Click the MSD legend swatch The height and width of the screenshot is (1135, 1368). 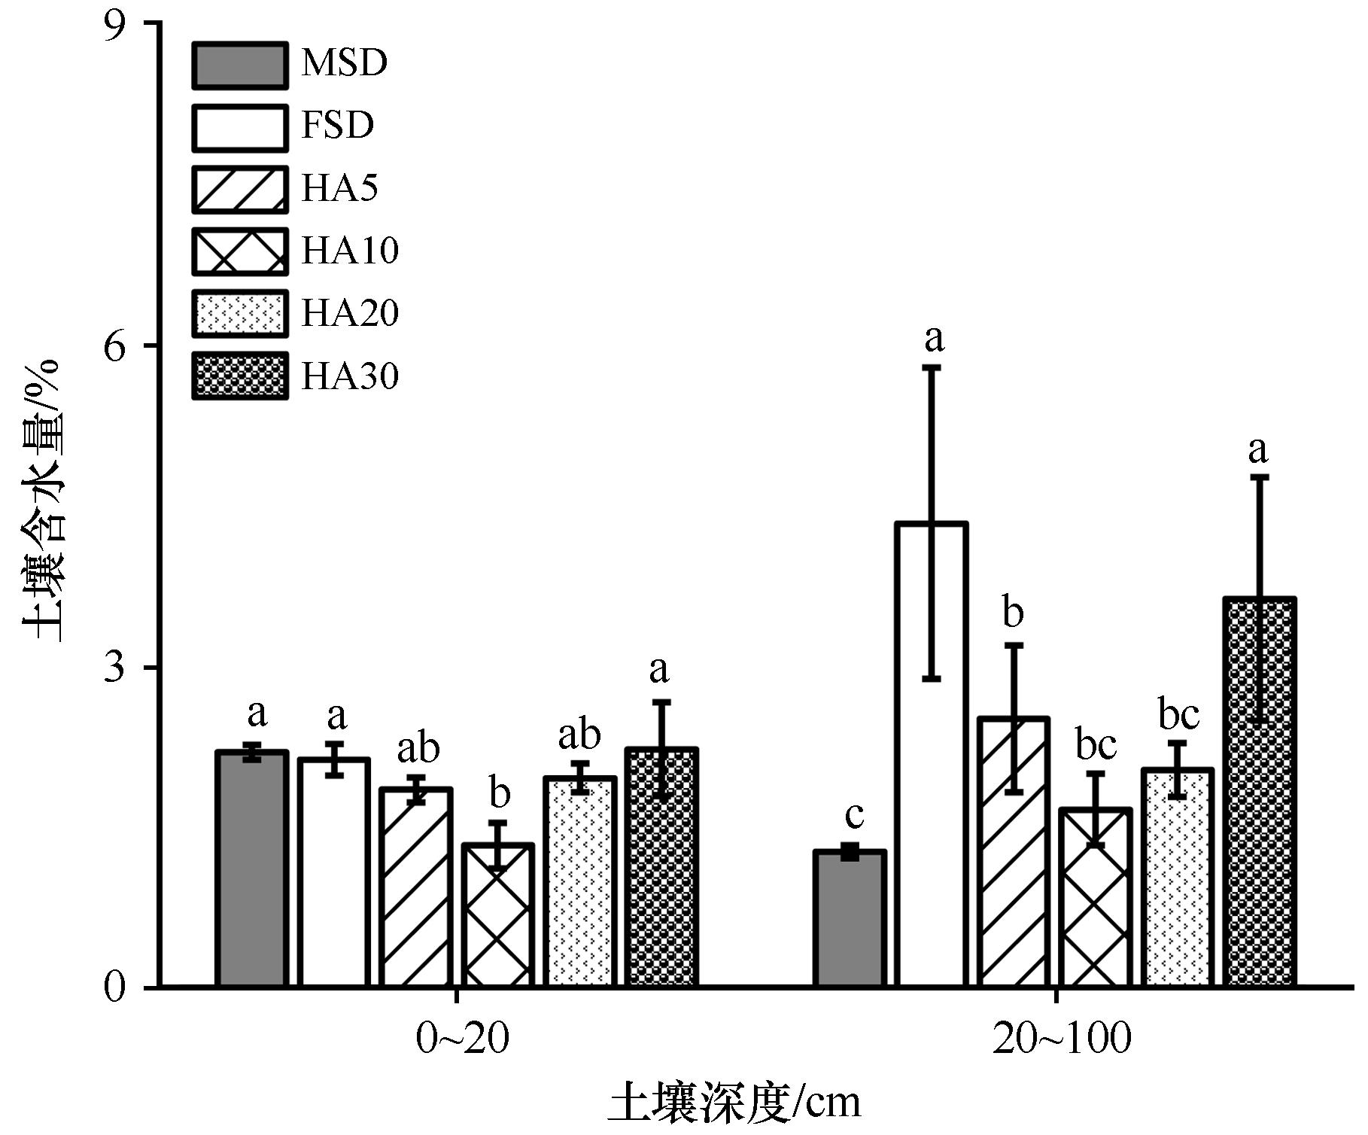tap(239, 65)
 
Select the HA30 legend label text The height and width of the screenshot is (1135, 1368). tap(350, 376)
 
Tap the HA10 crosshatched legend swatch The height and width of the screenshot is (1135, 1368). tap(239, 251)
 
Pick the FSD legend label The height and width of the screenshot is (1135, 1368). tap(337, 126)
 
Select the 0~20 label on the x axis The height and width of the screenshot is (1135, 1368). tap(463, 1039)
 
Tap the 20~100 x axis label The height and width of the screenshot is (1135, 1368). tap(1062, 1039)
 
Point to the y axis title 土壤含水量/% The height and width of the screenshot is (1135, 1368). tap(43, 501)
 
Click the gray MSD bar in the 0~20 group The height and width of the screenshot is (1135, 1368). tap(251, 869)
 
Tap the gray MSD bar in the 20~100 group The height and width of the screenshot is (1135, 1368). tap(850, 918)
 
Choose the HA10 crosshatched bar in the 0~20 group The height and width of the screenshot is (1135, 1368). tap(497, 915)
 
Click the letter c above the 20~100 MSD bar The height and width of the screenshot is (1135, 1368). tap(854, 815)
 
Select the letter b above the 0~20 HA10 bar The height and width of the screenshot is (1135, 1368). tap(499, 793)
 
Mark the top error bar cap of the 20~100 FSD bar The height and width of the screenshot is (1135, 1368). tap(932, 367)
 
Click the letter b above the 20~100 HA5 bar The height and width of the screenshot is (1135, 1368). tap(1013, 613)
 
